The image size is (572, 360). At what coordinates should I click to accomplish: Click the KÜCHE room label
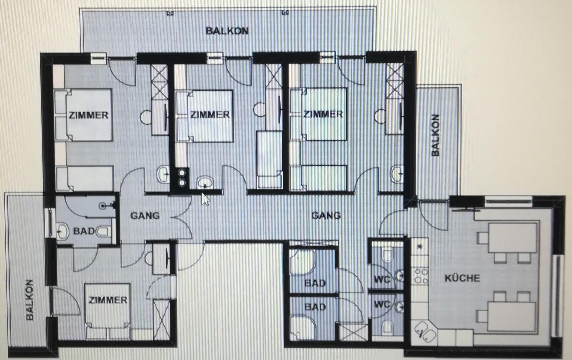[x=462, y=278]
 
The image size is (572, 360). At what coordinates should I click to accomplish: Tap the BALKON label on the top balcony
[x=227, y=31]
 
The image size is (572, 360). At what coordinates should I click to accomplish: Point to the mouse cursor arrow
[x=206, y=199]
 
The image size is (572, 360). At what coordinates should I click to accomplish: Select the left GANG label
[x=145, y=216]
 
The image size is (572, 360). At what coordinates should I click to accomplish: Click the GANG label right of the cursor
[x=326, y=215]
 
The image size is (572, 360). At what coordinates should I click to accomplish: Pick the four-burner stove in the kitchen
[x=420, y=276]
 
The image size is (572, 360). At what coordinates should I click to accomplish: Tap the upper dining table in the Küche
[x=512, y=239]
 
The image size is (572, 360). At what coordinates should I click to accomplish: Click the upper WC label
[x=382, y=280]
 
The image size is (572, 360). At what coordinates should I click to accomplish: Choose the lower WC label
[x=382, y=304]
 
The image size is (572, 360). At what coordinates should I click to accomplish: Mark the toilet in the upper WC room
[x=387, y=254]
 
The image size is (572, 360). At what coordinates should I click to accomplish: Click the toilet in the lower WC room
[x=387, y=327]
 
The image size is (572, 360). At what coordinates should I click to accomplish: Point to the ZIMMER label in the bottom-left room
[x=108, y=300]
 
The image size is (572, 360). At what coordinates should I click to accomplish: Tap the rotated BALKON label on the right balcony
[x=435, y=136]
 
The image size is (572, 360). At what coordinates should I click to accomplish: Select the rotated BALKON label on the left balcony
[x=29, y=300]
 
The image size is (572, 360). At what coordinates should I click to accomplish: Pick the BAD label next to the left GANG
[x=84, y=231]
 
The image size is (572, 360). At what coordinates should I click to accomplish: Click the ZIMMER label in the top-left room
[x=89, y=115]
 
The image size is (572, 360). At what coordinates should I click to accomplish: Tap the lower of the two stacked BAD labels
[x=315, y=307]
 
